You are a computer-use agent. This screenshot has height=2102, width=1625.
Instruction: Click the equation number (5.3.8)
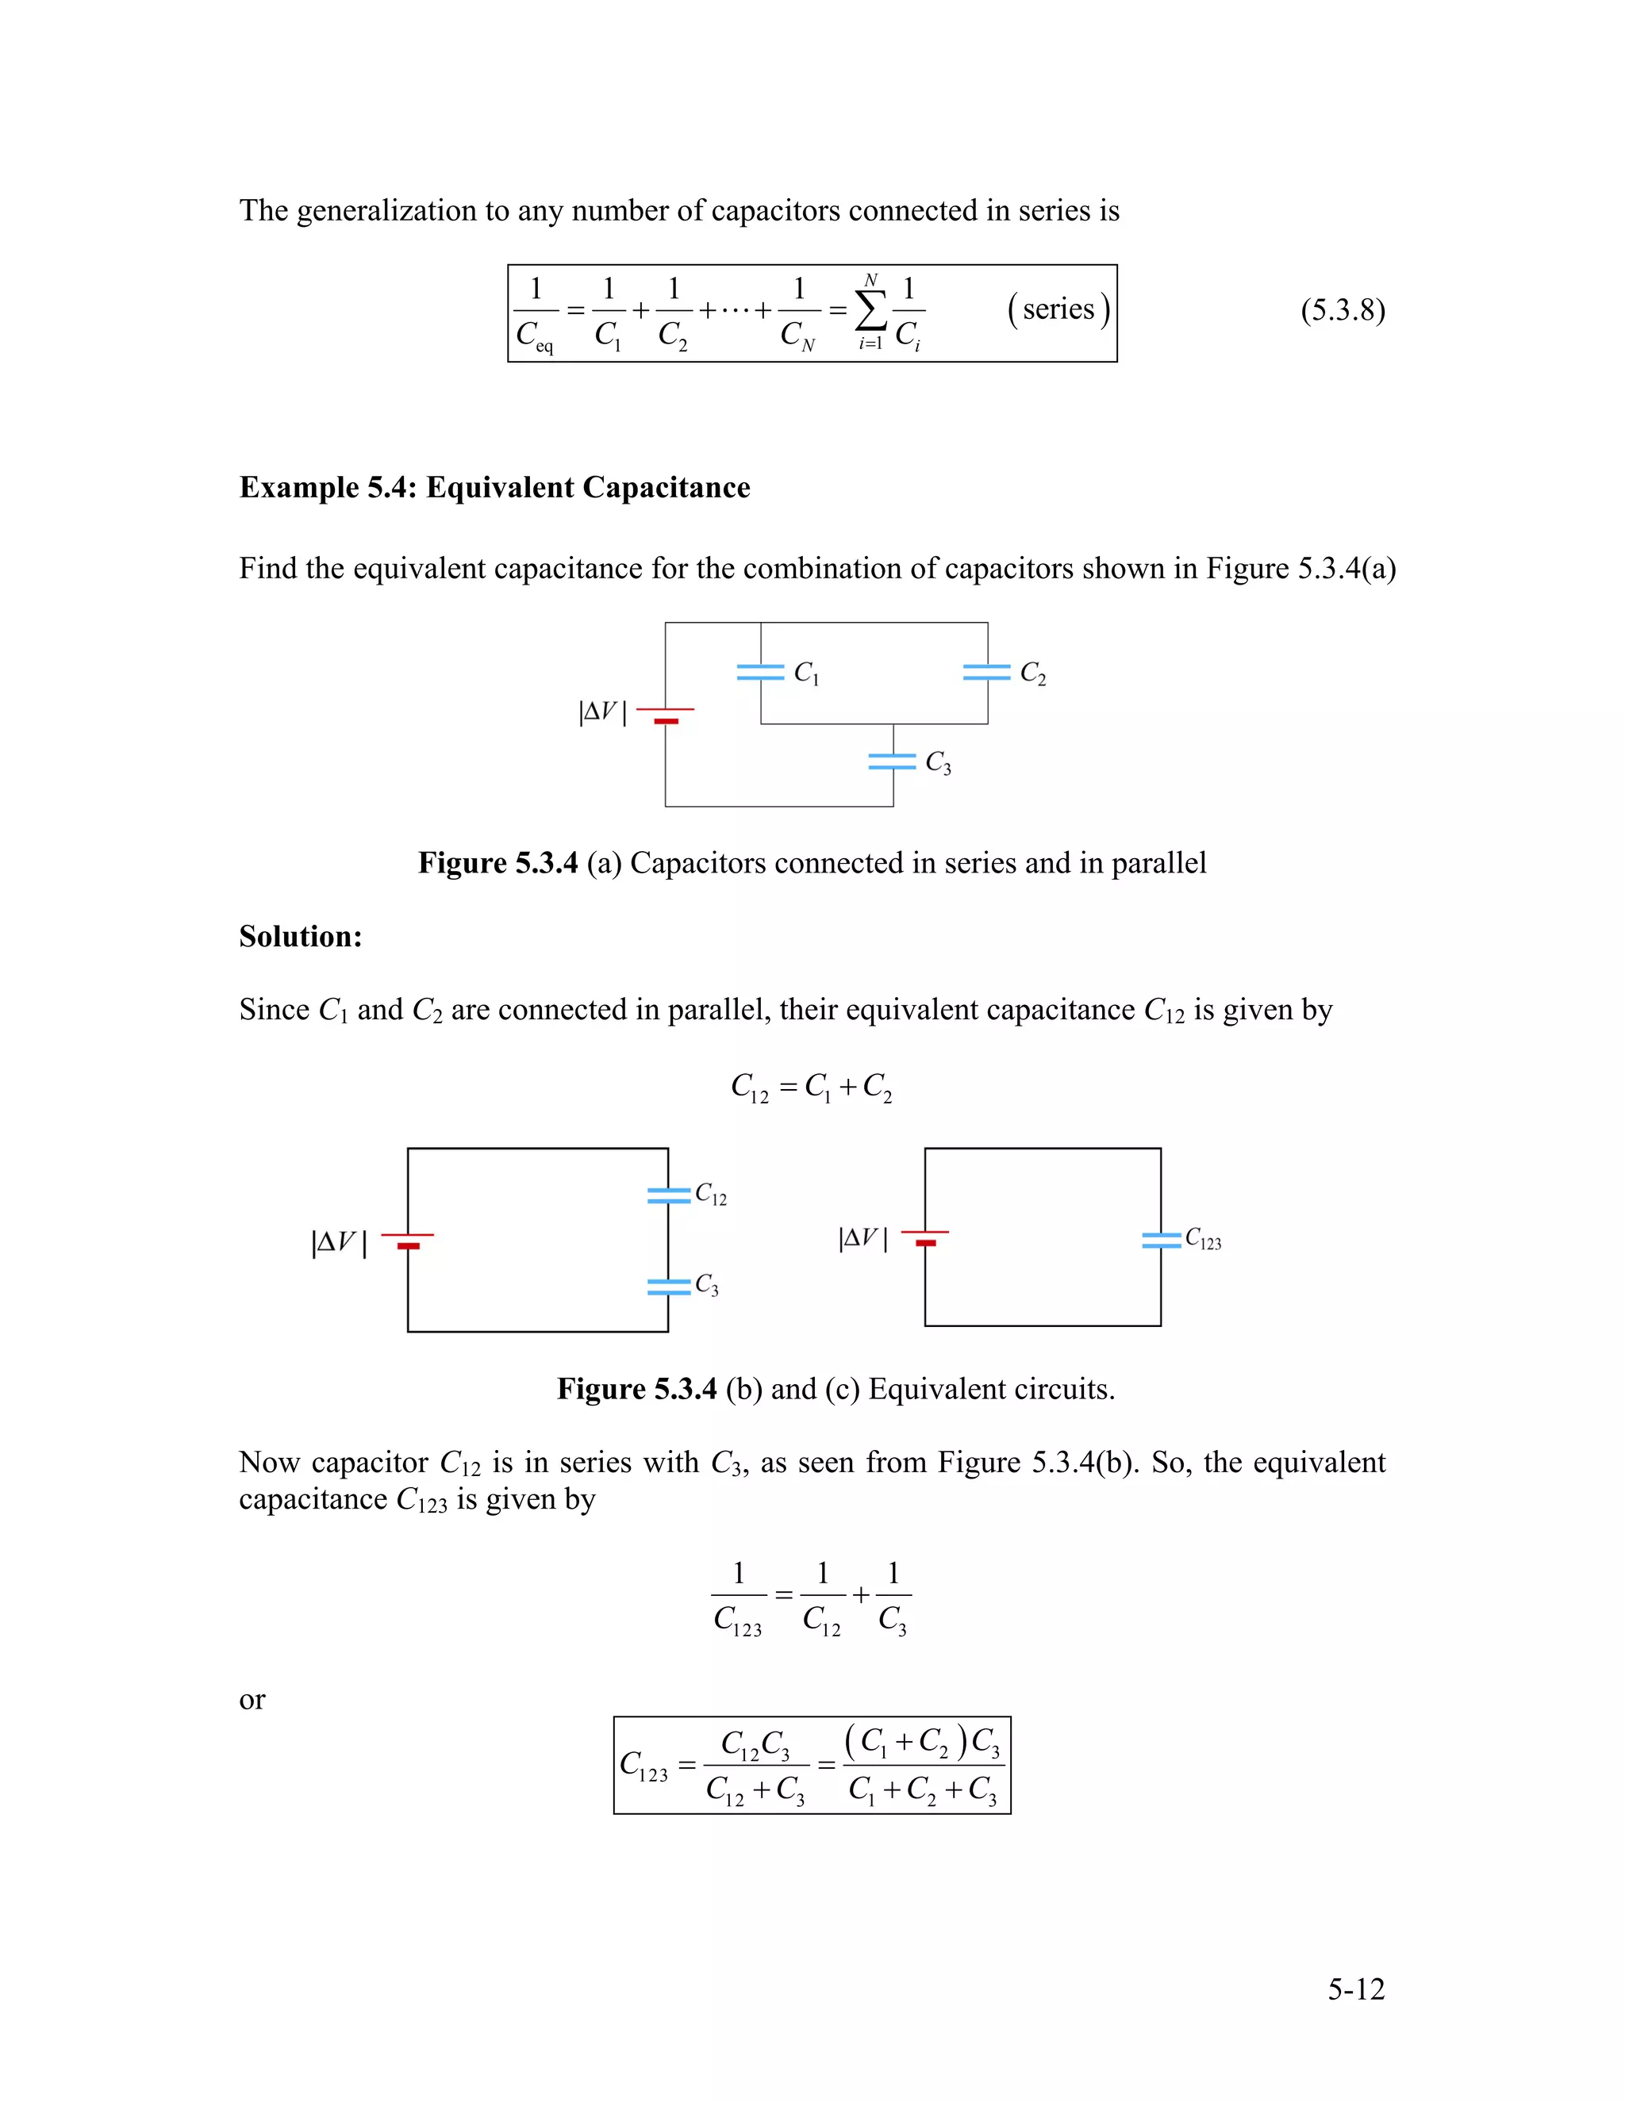1342,311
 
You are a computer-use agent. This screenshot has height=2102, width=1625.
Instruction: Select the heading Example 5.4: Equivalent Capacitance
494,487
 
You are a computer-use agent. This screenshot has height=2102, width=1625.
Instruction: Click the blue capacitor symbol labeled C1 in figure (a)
760,673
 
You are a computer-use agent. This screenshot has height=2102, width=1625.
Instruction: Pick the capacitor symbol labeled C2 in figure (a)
987,673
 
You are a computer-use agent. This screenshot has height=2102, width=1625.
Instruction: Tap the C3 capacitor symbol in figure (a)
893,761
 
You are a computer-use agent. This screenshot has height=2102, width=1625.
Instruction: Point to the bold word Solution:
301,937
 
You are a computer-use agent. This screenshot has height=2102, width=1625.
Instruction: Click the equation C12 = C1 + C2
812,1087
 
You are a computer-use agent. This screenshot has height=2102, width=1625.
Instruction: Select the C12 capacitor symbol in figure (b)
669,1195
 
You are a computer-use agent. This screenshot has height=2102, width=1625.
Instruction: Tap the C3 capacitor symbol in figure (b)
669,1286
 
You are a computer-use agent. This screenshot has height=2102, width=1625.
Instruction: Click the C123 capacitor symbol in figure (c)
1161,1240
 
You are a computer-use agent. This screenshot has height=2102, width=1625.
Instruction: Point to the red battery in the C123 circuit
925,1237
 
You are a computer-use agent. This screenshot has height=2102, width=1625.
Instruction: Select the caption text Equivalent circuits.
990,1389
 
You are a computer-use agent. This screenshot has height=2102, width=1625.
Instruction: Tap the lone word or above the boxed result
252,1700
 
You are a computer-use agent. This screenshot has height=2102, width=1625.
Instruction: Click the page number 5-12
1355,1989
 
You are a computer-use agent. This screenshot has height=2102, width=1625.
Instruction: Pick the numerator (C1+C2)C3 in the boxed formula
922,1742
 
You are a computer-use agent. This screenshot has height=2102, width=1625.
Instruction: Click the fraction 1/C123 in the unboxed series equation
739,1598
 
